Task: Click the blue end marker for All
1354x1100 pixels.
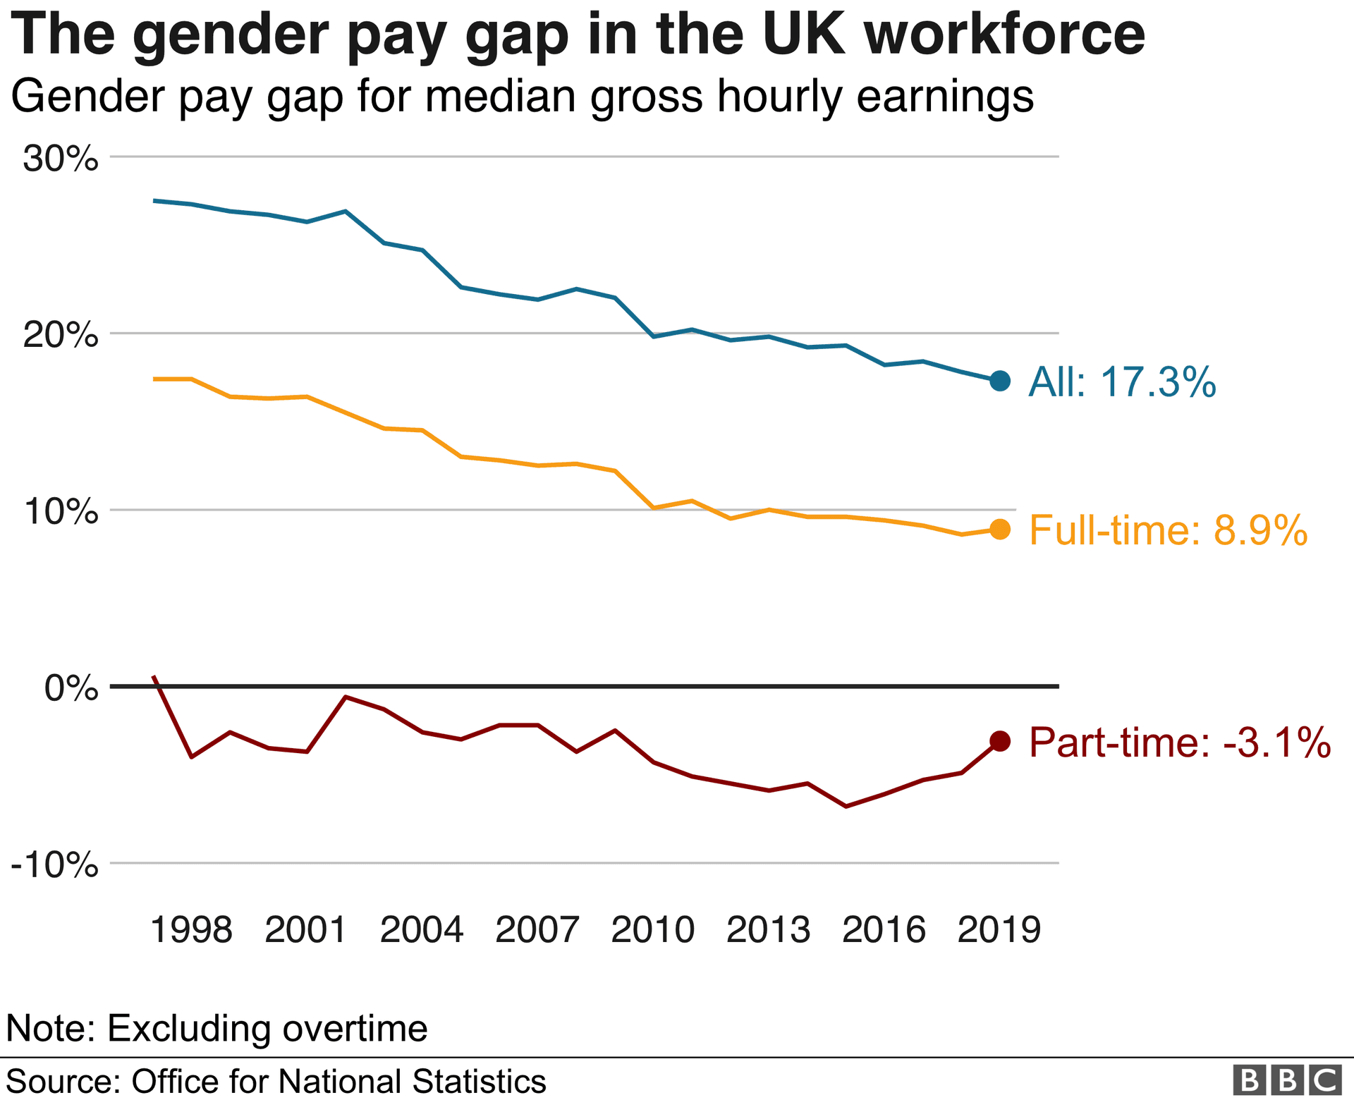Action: click(x=1000, y=381)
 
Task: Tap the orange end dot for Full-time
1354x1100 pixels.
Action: click(x=1000, y=530)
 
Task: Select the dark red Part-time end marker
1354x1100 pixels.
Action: click(x=1000, y=740)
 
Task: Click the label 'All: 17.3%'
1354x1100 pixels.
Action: click(x=1122, y=382)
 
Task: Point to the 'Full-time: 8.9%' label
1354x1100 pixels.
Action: click(x=1169, y=530)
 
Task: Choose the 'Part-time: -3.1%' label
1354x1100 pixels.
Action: click(x=1180, y=742)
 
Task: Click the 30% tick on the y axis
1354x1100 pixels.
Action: click(x=61, y=159)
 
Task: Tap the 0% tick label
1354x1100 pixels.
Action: click(x=71, y=688)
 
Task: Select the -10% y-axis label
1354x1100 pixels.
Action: click(x=55, y=865)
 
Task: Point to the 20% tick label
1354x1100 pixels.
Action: click(x=61, y=336)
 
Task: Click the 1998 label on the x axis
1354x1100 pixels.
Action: click(x=192, y=930)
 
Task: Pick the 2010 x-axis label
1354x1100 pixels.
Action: click(x=653, y=930)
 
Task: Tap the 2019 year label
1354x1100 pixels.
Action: click(x=999, y=930)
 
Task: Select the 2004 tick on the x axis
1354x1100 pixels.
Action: click(x=422, y=930)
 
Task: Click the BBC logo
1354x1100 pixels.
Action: click(x=1287, y=1081)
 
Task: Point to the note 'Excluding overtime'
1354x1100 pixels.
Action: click(x=267, y=1028)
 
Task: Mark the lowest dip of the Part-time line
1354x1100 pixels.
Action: click(x=846, y=806)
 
